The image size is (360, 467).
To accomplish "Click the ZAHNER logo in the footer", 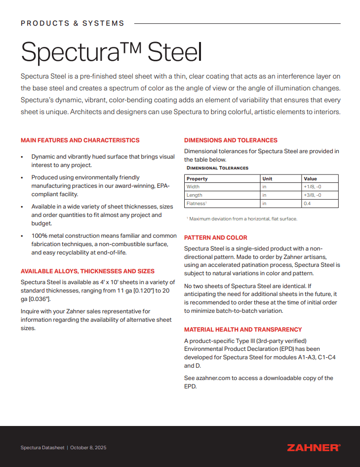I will [314, 448].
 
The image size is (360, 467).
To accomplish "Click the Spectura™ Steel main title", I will [112, 51].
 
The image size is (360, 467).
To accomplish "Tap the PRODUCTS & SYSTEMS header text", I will [73, 23].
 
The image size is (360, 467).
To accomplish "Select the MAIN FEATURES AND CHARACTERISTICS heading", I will [80, 140].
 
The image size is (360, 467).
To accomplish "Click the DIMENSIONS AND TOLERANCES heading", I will [231, 140].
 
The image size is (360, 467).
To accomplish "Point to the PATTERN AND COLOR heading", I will [215, 238].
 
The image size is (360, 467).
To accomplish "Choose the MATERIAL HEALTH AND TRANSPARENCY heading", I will [243, 330].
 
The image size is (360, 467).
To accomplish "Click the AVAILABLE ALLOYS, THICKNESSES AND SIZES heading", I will [87, 271].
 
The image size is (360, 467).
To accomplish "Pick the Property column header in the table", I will [197, 179].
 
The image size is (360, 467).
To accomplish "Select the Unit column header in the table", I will [267, 179].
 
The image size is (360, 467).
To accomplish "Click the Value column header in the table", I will [310, 179].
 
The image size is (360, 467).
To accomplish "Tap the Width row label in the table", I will [193, 187].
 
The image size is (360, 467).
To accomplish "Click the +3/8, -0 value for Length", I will [312, 195].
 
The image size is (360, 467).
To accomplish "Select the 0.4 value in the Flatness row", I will [307, 204].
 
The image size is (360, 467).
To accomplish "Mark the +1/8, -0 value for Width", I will [312, 187].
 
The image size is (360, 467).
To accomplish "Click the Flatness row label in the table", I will [196, 204].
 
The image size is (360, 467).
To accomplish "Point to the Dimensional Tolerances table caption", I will [217, 168].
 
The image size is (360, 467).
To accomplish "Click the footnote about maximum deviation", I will [241, 218].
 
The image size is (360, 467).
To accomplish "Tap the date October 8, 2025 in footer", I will [88, 448].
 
